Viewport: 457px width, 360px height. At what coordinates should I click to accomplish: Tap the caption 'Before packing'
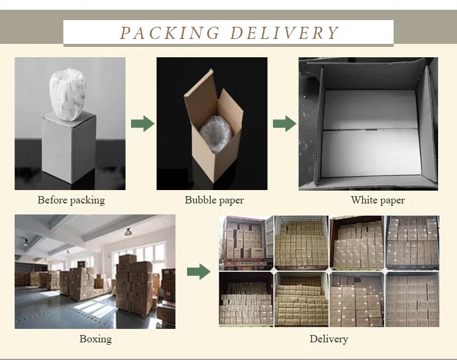(71, 200)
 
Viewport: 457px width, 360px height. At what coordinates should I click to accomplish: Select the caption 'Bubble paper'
(214, 200)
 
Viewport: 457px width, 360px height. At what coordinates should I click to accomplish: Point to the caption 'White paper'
(378, 200)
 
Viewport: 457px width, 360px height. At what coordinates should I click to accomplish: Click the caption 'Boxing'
(96, 339)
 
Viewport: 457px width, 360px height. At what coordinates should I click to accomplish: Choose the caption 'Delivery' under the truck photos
(329, 339)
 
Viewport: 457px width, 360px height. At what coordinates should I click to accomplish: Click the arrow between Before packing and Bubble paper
(143, 124)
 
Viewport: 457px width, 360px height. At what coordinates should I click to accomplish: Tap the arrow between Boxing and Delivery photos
(198, 272)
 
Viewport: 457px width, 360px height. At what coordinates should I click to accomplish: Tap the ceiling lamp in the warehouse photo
(129, 232)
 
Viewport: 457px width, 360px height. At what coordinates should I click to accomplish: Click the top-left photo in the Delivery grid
(246, 242)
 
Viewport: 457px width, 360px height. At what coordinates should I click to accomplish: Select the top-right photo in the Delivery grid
(413, 242)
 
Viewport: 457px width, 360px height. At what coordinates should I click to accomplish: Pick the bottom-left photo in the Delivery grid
(246, 299)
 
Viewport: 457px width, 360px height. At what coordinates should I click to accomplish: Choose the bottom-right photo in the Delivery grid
(413, 299)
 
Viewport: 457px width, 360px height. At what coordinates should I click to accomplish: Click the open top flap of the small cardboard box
(201, 91)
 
